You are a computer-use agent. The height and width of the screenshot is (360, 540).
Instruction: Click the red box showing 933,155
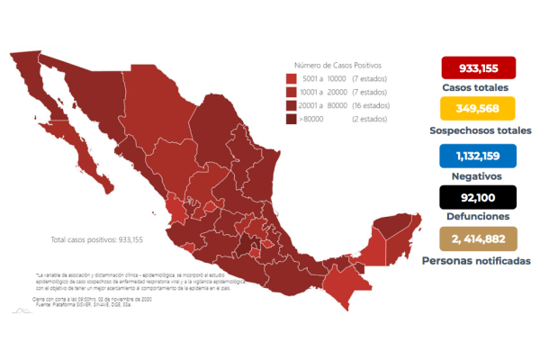[x=478, y=68]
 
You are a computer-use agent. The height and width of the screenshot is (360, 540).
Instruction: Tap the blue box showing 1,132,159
[x=478, y=154]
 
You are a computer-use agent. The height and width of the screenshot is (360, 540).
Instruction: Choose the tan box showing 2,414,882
[x=478, y=240]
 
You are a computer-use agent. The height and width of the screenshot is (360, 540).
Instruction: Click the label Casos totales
[x=478, y=88]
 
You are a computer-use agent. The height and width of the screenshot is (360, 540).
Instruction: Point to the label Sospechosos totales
[x=478, y=130]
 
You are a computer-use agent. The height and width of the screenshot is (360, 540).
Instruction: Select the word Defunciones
[x=478, y=217]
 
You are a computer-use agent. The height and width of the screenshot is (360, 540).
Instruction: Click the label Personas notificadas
[x=478, y=261]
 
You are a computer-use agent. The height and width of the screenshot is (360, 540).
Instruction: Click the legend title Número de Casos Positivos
[x=337, y=65]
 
